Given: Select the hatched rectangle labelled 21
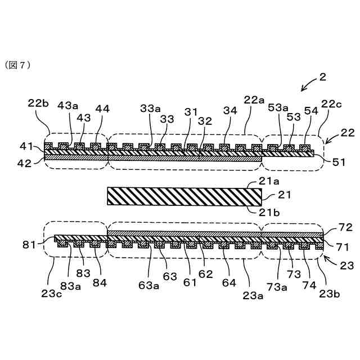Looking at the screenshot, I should point(184,196).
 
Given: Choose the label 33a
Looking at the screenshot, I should point(150,107).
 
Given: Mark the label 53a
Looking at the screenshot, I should point(277,107).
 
